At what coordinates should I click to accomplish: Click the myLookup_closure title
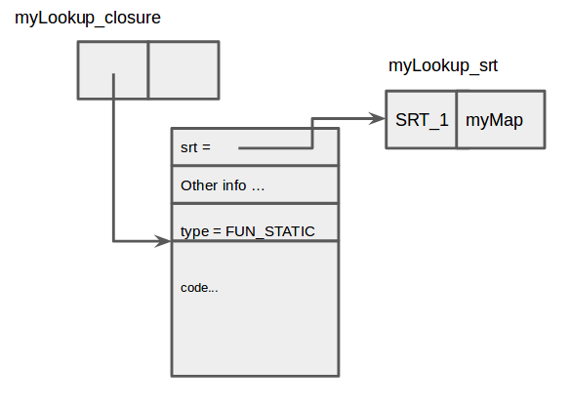(x=88, y=19)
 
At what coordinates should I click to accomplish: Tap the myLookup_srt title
(x=443, y=66)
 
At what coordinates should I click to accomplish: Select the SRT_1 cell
(x=422, y=119)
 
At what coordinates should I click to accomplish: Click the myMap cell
(x=501, y=119)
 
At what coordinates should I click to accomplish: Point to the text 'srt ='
(x=195, y=147)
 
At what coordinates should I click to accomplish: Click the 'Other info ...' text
(x=223, y=185)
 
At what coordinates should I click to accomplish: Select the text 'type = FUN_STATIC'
(x=248, y=231)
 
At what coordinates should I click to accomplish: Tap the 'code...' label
(x=199, y=288)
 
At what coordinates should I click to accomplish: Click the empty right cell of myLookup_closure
(x=184, y=70)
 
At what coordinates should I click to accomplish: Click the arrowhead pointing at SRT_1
(x=377, y=118)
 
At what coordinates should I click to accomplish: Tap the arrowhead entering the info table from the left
(x=163, y=241)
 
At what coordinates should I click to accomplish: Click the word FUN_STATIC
(x=270, y=231)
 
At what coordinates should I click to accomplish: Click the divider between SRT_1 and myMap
(x=457, y=119)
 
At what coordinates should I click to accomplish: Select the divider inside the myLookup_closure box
(x=148, y=70)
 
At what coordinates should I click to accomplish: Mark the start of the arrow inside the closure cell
(x=113, y=74)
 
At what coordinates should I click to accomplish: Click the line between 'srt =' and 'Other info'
(x=256, y=166)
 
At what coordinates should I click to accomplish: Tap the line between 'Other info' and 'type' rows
(x=256, y=203)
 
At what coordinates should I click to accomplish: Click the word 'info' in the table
(x=234, y=185)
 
